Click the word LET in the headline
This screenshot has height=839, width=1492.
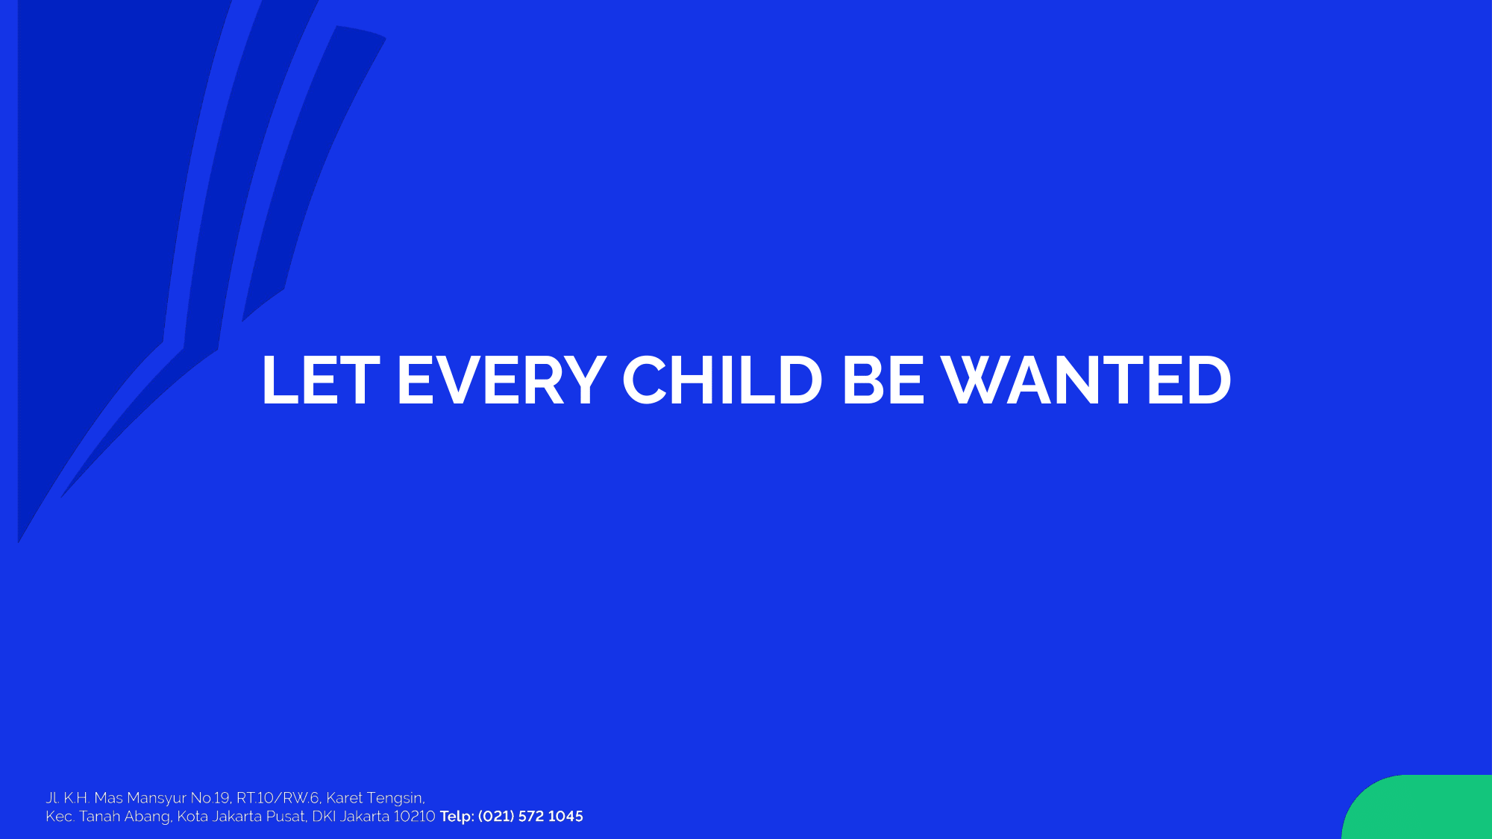coord(321,380)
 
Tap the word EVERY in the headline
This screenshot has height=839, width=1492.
coord(501,380)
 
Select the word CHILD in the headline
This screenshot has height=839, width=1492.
coord(722,380)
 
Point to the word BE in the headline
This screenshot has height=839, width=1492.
coord(883,380)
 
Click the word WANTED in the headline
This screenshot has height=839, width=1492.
coord(1086,380)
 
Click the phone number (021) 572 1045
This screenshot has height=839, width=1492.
coord(530,817)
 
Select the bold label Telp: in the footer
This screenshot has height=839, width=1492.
coord(457,817)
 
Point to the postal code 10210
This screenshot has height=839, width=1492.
coord(414,817)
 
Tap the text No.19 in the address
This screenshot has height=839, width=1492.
coord(210,798)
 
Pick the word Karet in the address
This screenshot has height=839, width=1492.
coord(345,798)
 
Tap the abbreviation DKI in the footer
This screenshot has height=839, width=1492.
coord(324,817)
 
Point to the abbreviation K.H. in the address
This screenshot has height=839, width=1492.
coord(77,798)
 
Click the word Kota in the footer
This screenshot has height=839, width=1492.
coord(192,817)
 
